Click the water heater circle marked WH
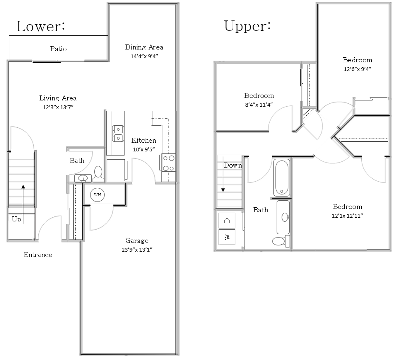click(x=97, y=195)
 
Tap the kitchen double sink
click(x=118, y=133)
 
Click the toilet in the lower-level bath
click(x=98, y=173)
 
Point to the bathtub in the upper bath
click(x=282, y=178)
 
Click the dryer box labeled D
click(x=227, y=221)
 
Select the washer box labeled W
click(x=227, y=237)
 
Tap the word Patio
click(x=58, y=49)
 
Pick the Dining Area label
click(x=144, y=47)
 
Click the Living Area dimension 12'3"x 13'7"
click(x=58, y=107)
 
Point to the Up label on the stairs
click(x=16, y=219)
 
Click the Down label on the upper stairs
click(x=233, y=165)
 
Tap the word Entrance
click(x=38, y=255)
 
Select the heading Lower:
click(x=41, y=26)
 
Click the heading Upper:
click(x=247, y=26)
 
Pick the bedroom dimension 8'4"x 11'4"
click(x=259, y=104)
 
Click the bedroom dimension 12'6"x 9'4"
click(x=357, y=69)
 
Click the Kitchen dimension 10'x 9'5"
click(x=144, y=149)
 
